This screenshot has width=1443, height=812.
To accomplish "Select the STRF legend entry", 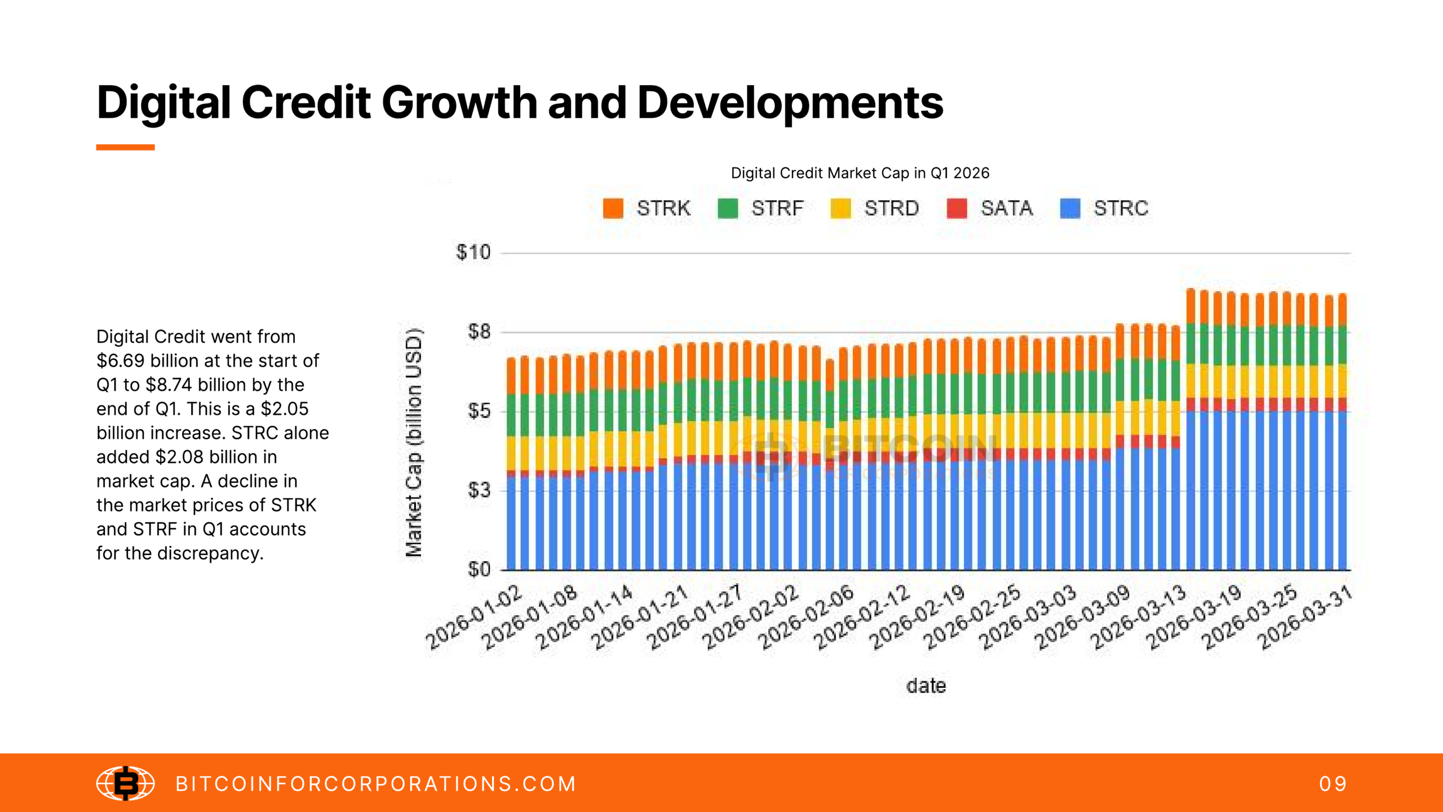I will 760,208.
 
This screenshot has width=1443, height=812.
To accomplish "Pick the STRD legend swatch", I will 840,208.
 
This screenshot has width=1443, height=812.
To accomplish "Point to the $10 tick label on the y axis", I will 473,252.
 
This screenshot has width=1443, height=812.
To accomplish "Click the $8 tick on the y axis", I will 479,332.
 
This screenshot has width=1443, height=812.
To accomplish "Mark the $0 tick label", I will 479,570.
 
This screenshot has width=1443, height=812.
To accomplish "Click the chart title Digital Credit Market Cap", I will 860,173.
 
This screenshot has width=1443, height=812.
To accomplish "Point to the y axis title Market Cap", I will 414,443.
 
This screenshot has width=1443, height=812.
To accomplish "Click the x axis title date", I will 926,686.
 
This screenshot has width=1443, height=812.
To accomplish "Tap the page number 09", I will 1333,784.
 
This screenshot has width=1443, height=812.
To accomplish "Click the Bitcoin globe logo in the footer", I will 125,783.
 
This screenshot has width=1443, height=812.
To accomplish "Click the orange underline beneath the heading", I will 125,147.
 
